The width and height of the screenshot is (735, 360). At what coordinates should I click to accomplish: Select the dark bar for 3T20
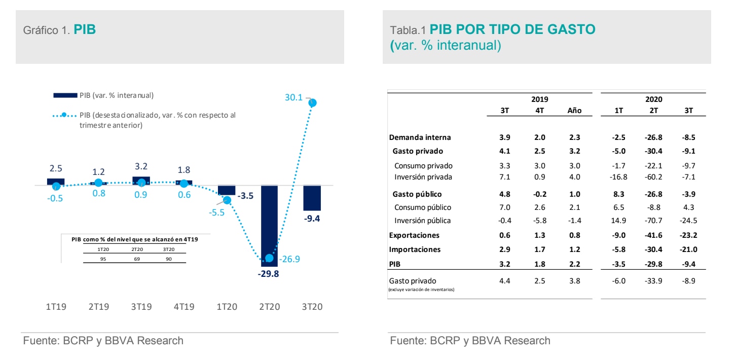click(x=312, y=198)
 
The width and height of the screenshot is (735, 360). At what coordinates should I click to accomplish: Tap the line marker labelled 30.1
click(x=312, y=102)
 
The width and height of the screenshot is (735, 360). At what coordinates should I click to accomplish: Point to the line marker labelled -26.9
click(x=269, y=258)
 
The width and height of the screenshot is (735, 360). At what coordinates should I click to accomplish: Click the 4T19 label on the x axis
click(x=184, y=307)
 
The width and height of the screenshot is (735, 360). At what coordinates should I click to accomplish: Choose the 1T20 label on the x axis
click(x=227, y=307)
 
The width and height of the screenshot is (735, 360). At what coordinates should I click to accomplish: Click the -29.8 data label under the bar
click(x=269, y=274)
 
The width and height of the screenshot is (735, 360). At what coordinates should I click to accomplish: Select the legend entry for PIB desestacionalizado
click(x=157, y=120)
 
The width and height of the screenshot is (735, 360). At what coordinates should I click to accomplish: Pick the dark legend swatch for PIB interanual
click(x=65, y=95)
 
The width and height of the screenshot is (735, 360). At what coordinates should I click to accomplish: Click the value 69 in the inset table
click(x=137, y=259)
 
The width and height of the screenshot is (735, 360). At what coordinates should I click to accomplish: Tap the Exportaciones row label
click(x=414, y=235)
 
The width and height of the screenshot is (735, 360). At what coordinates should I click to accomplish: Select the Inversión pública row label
click(x=422, y=221)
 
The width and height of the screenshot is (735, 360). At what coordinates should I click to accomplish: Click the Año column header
click(x=574, y=111)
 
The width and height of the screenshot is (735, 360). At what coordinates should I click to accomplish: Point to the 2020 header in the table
click(x=653, y=99)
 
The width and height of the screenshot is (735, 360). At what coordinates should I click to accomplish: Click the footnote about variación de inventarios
click(x=421, y=290)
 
